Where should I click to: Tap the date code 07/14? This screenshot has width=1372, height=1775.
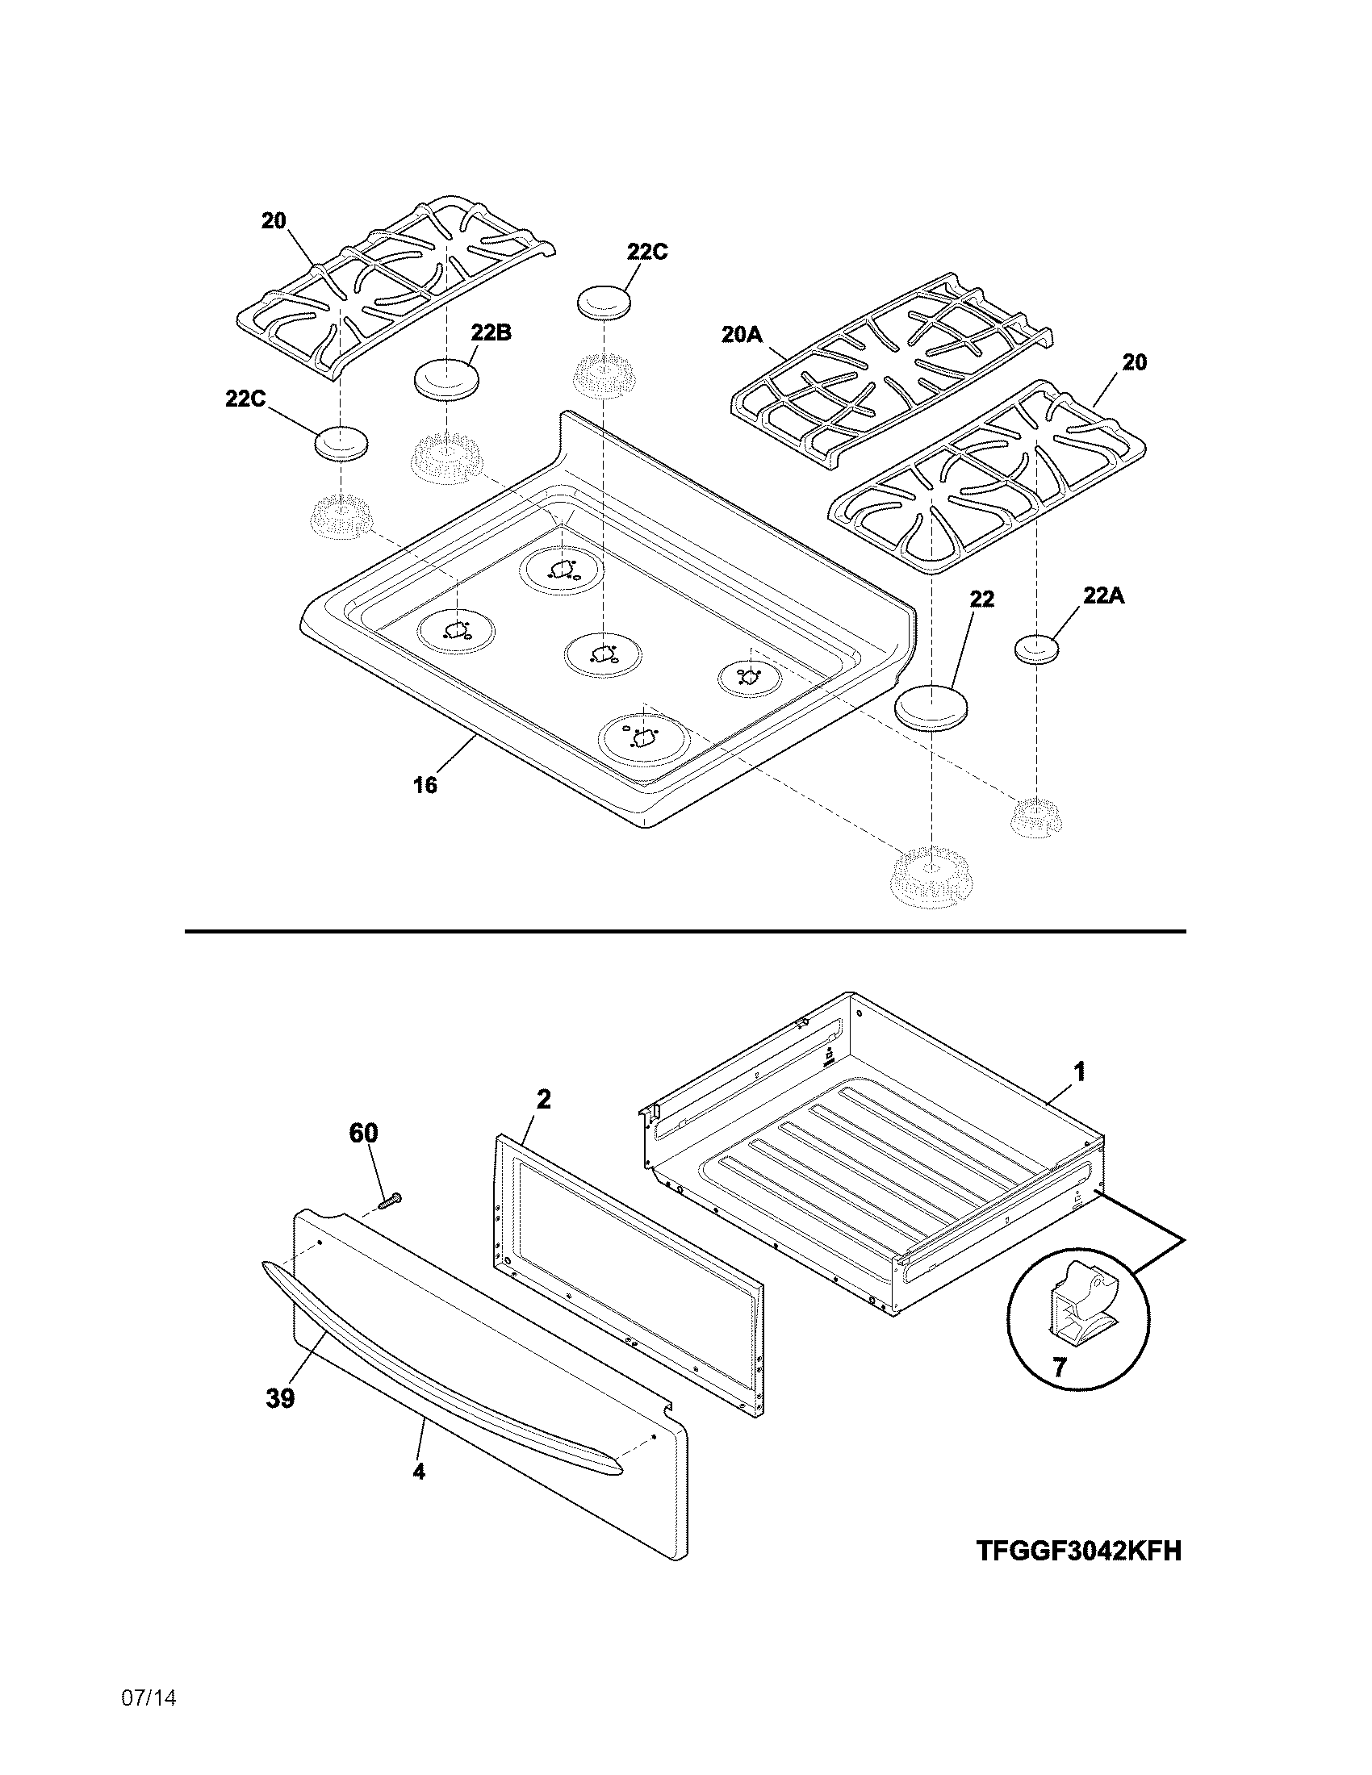pos(148,1720)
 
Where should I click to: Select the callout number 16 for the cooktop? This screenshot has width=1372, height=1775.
pos(425,784)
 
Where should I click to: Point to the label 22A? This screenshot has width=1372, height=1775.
pos(1103,595)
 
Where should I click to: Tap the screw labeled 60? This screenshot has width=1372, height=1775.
pos(391,1199)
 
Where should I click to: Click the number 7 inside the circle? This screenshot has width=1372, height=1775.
pos(1059,1368)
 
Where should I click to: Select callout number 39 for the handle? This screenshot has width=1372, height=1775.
pos(279,1399)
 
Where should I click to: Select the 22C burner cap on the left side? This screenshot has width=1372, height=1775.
pos(341,443)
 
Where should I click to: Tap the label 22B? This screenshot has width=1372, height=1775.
pos(491,332)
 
